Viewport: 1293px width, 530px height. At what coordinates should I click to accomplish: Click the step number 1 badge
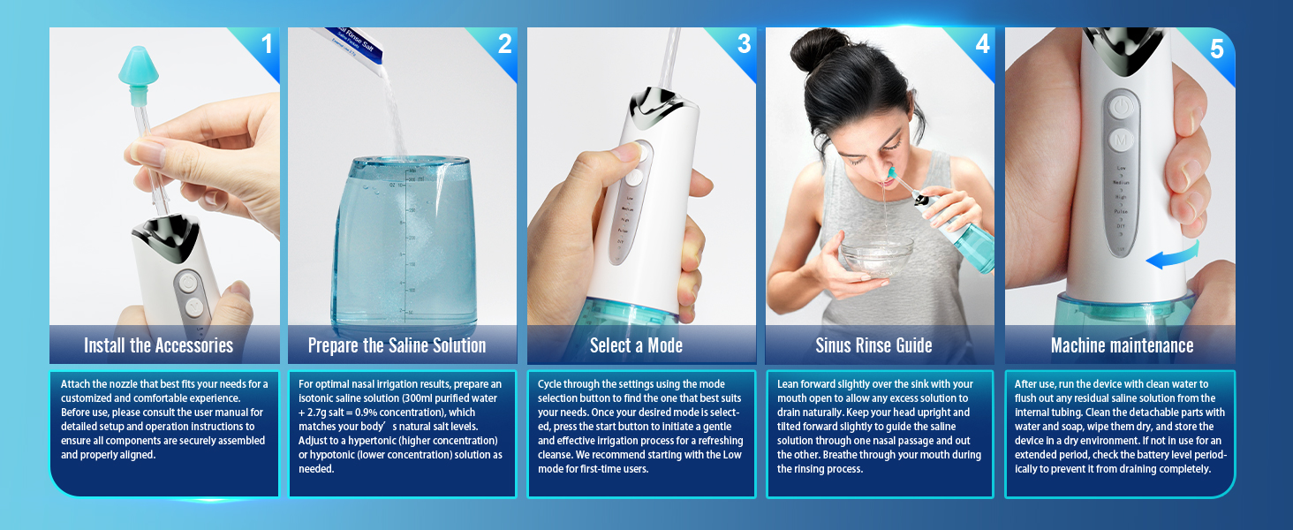click(x=266, y=43)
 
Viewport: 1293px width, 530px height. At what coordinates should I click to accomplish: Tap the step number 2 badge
click(x=504, y=43)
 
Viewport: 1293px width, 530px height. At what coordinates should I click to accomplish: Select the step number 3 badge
click(x=744, y=43)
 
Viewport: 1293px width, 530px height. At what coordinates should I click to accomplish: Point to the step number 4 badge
click(x=982, y=43)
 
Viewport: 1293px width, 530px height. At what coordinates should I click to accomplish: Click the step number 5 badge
click(x=1217, y=49)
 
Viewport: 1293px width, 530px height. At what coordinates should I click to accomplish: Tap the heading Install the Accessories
click(x=158, y=345)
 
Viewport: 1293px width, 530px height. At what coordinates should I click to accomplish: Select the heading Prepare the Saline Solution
click(x=397, y=345)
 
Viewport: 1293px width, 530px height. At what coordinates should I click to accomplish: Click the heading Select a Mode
click(x=636, y=345)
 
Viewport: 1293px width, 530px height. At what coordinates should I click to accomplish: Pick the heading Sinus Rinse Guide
click(x=873, y=345)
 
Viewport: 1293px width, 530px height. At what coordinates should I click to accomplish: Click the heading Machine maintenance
click(x=1122, y=345)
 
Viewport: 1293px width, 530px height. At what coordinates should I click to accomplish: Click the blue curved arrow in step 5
click(x=1175, y=257)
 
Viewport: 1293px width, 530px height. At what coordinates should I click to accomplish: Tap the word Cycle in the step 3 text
click(x=553, y=384)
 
